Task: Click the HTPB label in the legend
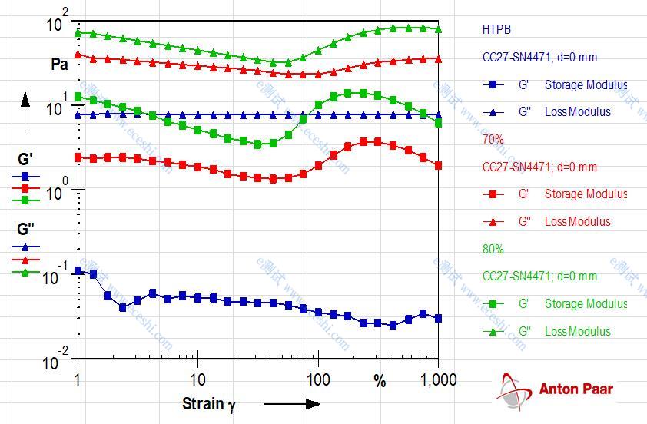(x=496, y=30)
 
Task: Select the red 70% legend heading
(x=493, y=140)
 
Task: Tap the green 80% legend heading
(x=493, y=250)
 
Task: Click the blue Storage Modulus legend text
(x=586, y=84)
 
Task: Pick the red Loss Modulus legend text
(x=577, y=221)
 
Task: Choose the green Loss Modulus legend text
(x=577, y=331)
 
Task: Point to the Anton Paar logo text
(x=576, y=389)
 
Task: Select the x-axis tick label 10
(x=197, y=380)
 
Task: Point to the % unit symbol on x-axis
(x=380, y=381)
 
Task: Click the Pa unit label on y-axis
(x=60, y=65)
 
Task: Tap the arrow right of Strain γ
(x=291, y=404)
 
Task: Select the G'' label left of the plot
(x=25, y=228)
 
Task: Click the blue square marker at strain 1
(x=78, y=271)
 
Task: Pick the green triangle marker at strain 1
(x=78, y=32)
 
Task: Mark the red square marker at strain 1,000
(x=438, y=165)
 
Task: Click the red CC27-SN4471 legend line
(x=539, y=167)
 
